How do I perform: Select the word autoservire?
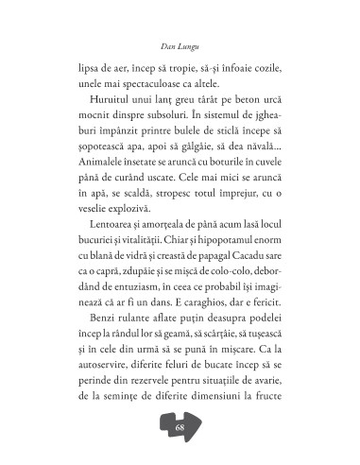pyautogui.click(x=100, y=367)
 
